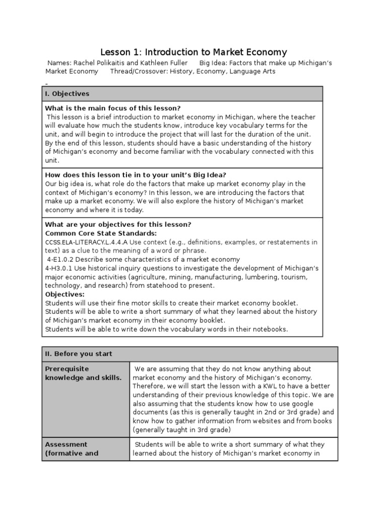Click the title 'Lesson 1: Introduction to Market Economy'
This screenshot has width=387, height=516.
pos(193,52)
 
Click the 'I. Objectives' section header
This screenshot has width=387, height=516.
pos(67,94)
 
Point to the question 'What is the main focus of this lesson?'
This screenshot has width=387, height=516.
pos(113,108)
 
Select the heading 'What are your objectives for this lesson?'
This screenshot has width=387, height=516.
pos(118,224)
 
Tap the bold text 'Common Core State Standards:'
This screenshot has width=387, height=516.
pos(101,233)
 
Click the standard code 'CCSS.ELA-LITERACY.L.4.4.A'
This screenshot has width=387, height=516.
pos(86,242)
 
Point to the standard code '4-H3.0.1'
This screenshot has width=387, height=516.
pos(58,268)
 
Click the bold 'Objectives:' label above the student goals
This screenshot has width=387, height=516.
pos(65,294)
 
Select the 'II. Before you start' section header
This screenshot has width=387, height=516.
pos(79,354)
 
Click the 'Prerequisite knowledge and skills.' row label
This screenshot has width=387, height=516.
pos(83,373)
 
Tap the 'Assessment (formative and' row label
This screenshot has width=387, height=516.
pos(74,448)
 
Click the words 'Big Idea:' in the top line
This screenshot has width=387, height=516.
pos(215,63)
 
